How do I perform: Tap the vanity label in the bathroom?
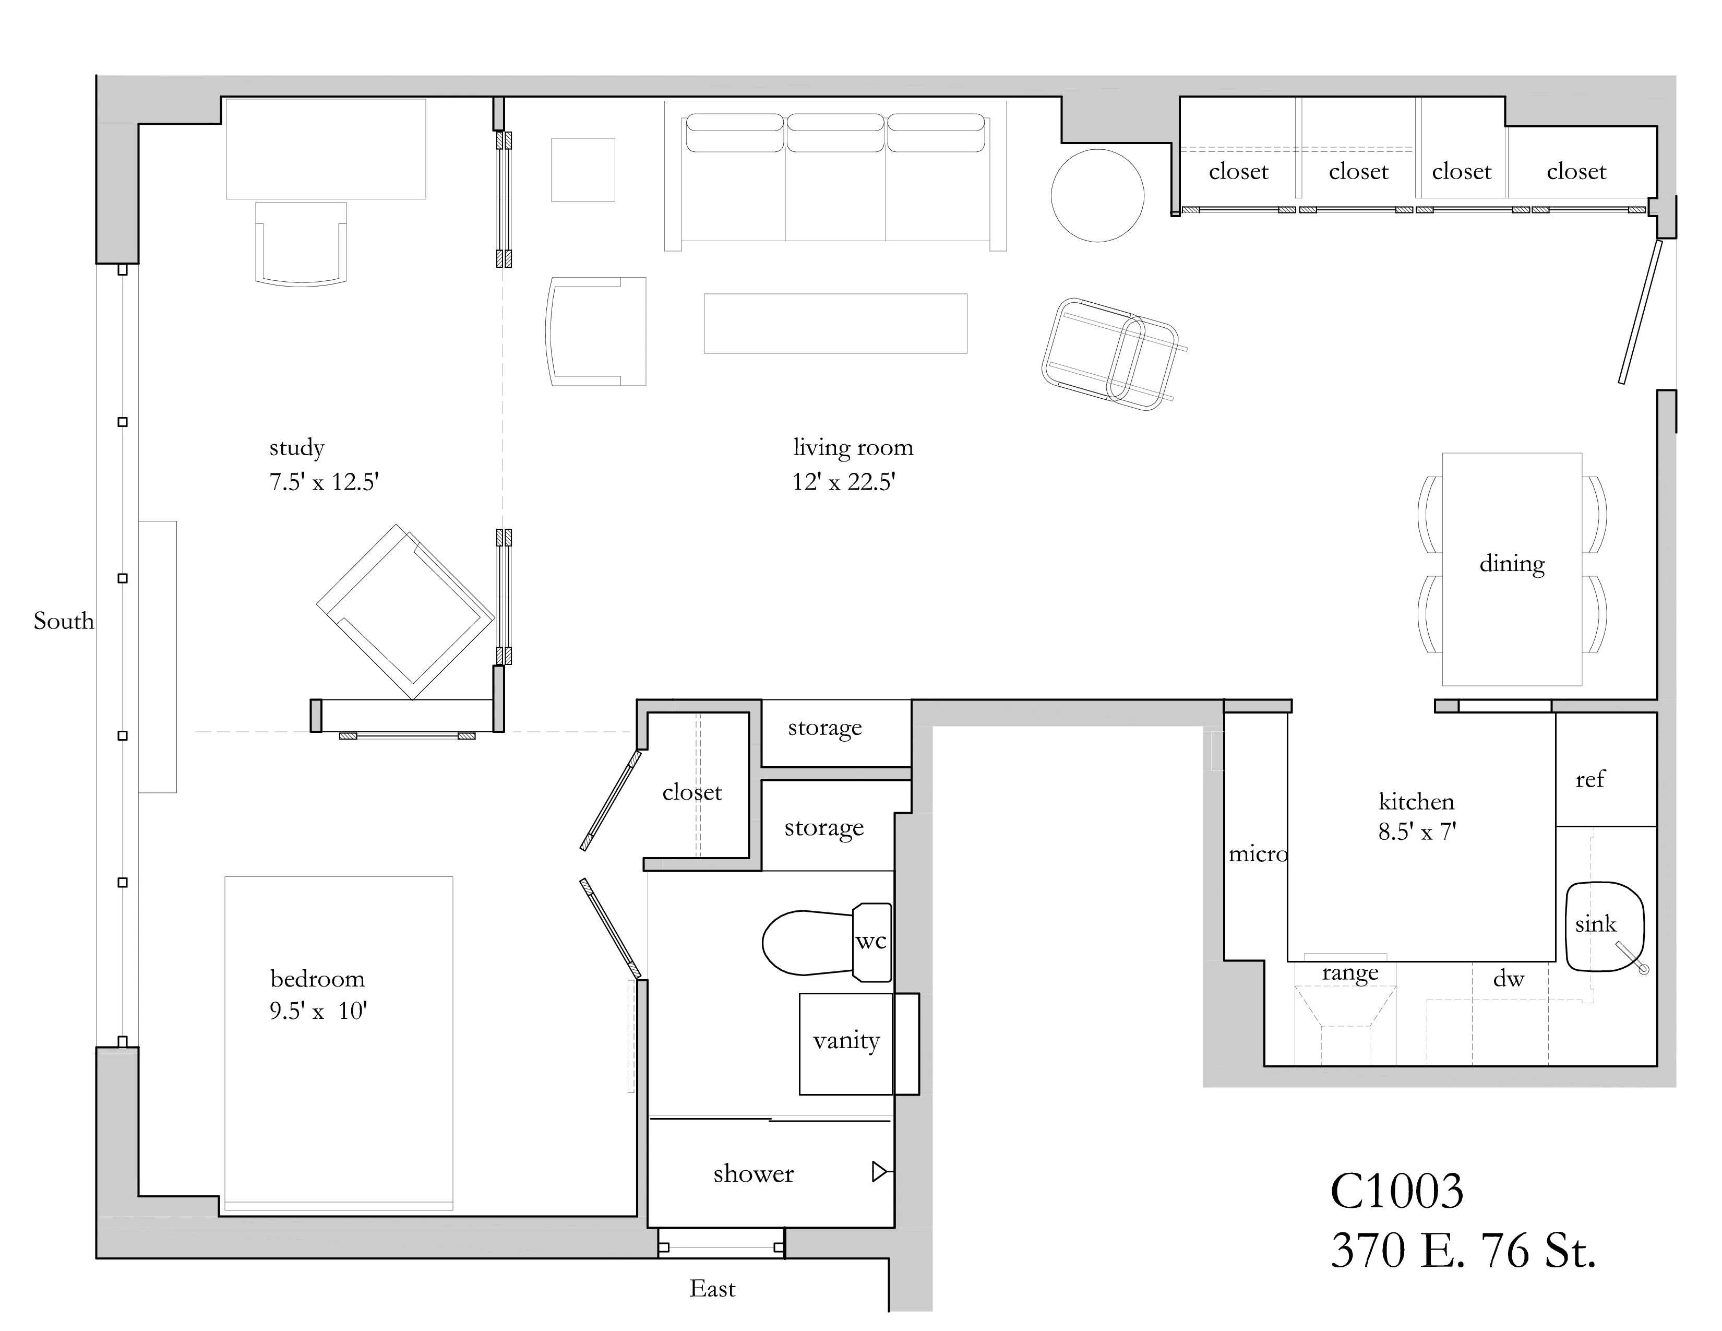coord(845,1041)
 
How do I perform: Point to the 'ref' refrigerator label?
coord(1589,780)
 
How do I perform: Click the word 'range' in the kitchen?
coord(1350,972)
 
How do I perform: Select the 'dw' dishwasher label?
coord(1509,979)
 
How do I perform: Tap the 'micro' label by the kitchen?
coord(1257,854)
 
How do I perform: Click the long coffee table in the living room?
coord(835,323)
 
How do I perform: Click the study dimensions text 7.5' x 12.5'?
coord(324,482)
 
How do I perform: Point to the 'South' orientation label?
coord(63,621)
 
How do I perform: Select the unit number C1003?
coord(1396,1191)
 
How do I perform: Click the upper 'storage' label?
coord(824,728)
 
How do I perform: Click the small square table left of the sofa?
coord(583,170)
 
